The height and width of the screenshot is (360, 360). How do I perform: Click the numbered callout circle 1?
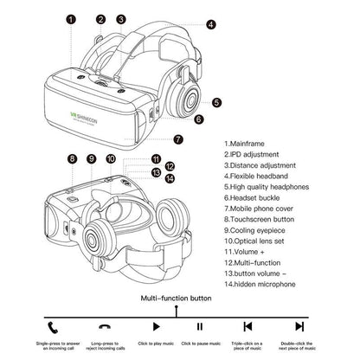71,18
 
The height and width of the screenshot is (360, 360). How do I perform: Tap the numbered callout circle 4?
211,25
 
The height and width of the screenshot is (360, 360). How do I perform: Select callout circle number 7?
178,138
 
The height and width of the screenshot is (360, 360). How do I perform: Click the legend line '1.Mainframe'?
247,143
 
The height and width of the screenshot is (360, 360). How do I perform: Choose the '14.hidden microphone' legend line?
264,283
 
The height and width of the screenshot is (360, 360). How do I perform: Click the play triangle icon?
156,326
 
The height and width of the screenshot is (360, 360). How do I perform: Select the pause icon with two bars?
199,326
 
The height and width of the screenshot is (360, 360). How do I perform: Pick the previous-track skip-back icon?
247,326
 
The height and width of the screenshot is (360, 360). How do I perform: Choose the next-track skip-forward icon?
299,326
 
